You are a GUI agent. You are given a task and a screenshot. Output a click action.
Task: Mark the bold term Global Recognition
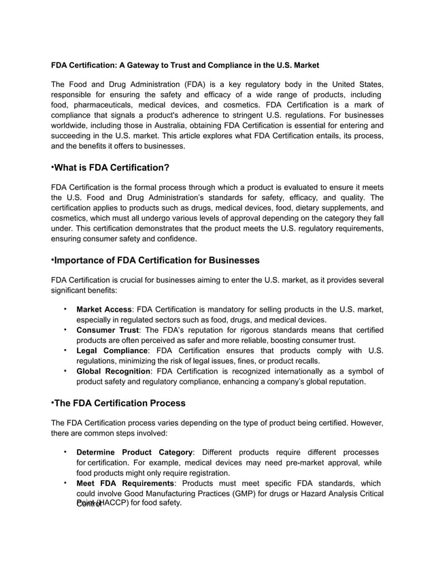(114, 371)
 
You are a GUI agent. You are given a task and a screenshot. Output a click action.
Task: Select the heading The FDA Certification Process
(119, 403)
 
